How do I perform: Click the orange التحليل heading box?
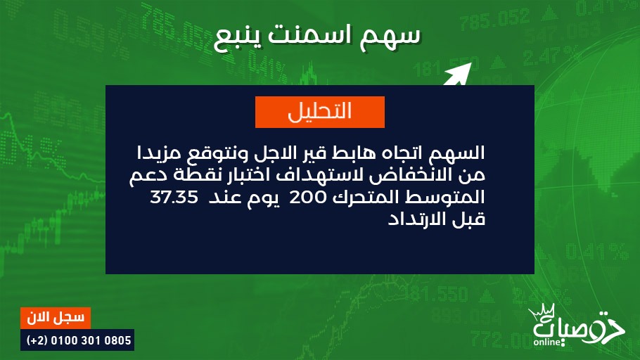coord(319,112)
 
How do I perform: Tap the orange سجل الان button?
coord(56,318)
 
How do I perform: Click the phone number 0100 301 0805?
coord(91,340)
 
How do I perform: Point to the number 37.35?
coord(174,197)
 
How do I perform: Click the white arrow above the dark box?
coord(458,75)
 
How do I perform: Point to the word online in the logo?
coord(547,342)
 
